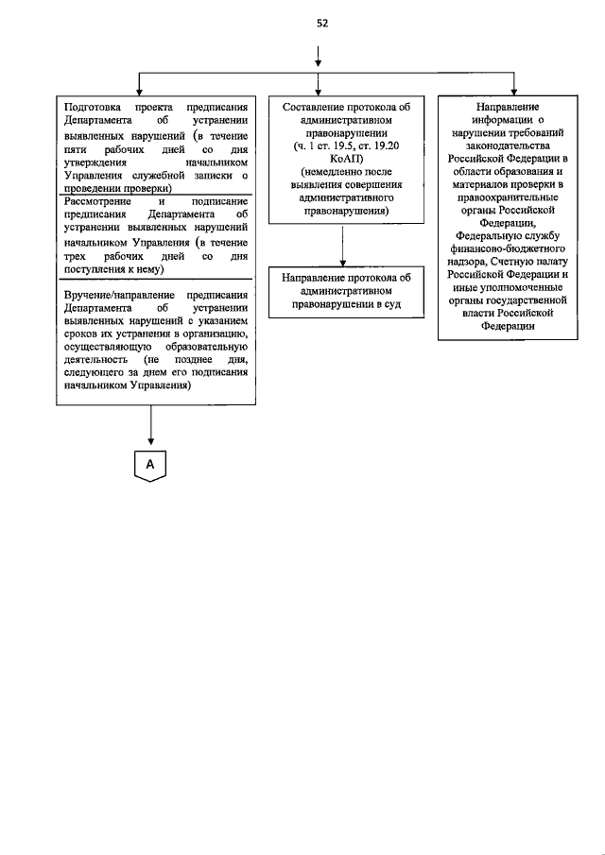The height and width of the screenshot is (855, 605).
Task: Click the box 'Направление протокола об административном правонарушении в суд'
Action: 327,291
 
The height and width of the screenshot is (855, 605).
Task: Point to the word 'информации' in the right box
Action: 494,121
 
